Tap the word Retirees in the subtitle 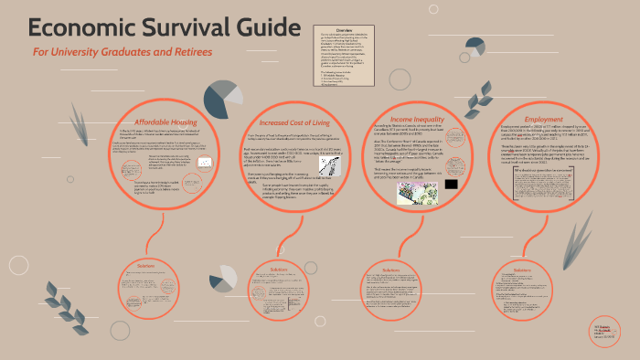pyautogui.click(x=187, y=52)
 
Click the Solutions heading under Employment pyautogui.click(x=522, y=270)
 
